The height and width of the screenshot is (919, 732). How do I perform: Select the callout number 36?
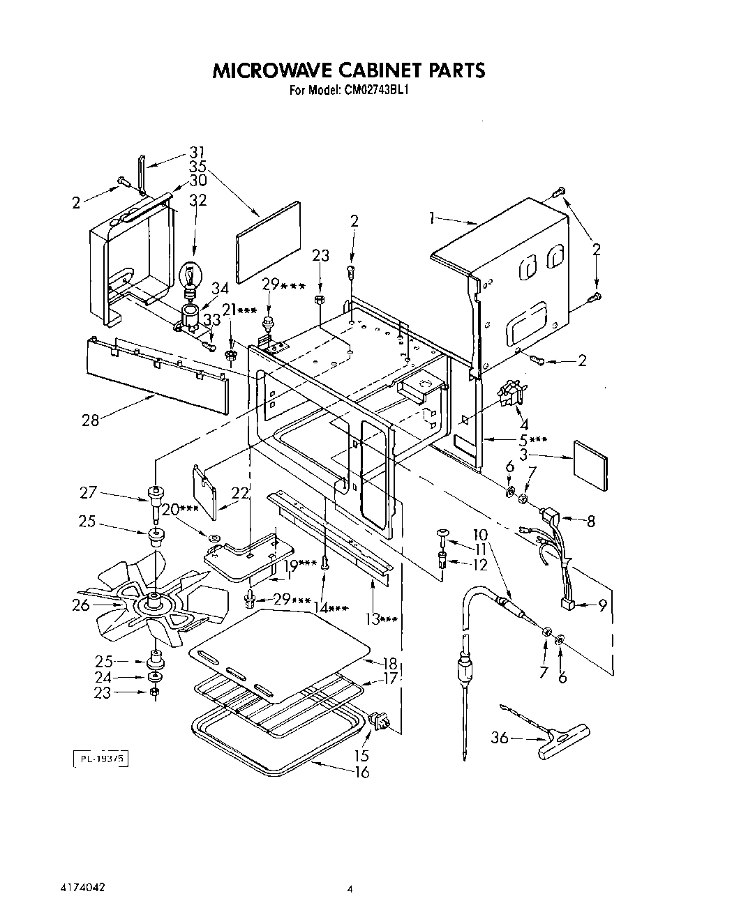pyautogui.click(x=500, y=737)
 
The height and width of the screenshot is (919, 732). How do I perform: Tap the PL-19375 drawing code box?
pyautogui.click(x=100, y=758)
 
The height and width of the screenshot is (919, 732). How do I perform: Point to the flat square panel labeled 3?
pyautogui.click(x=590, y=464)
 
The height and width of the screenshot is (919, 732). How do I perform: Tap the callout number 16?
pyautogui.click(x=361, y=772)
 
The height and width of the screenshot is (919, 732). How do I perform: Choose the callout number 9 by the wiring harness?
pyautogui.click(x=602, y=606)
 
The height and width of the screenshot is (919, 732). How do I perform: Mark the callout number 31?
pyautogui.click(x=197, y=153)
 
